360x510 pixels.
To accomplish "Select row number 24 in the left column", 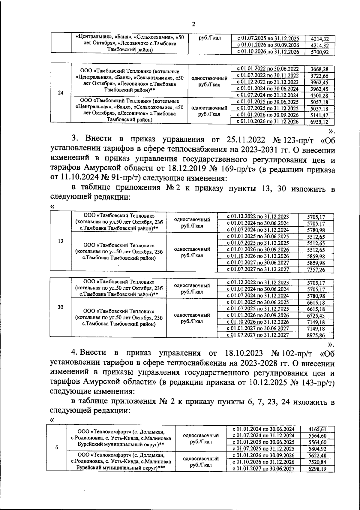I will pyautogui.click(x=61, y=93).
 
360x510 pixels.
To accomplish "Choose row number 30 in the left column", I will pyautogui.click(x=61, y=307).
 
